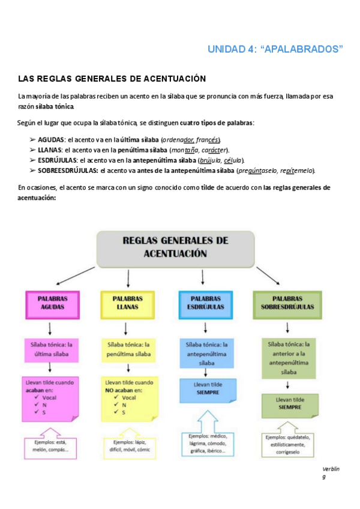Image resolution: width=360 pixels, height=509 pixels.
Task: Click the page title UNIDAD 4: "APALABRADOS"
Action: tap(275, 50)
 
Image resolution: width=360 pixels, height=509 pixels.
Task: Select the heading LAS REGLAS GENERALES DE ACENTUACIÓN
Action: tap(112, 79)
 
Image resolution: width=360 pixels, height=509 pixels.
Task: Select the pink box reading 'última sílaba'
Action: tap(51, 349)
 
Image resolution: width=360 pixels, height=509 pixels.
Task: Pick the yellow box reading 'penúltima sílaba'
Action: tap(127, 349)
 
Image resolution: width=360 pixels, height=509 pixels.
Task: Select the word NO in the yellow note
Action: tap(109, 390)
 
